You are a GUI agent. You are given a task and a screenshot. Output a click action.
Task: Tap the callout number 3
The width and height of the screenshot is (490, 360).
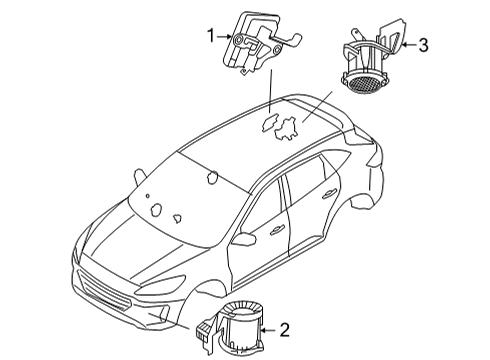[x=423, y=44]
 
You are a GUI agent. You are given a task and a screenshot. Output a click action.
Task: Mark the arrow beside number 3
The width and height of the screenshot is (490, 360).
[x=406, y=44]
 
